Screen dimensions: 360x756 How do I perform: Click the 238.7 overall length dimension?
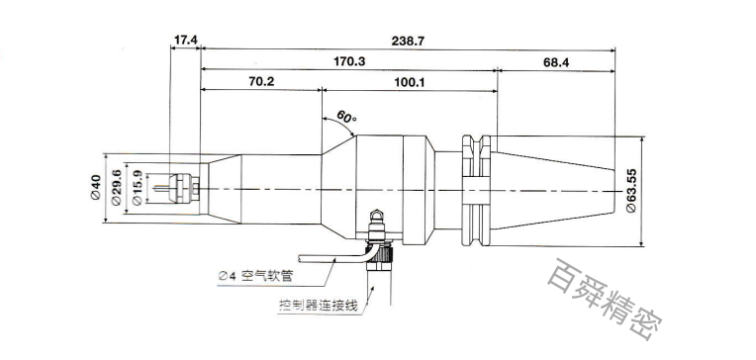point(408,40)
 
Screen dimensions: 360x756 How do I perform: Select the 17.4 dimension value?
point(186,40)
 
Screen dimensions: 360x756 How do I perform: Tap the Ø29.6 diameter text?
point(116,188)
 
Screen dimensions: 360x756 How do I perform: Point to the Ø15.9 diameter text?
point(136,188)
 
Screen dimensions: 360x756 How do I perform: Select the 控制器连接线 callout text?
point(317,307)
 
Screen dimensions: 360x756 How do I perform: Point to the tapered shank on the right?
point(554,188)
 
